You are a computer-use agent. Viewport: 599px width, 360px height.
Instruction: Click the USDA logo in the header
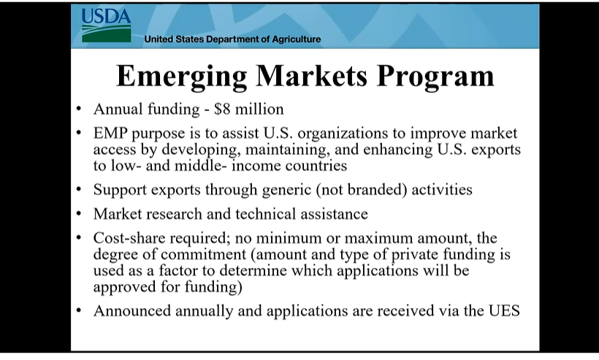click(106, 26)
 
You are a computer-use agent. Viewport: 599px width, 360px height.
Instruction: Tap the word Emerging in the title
click(181, 77)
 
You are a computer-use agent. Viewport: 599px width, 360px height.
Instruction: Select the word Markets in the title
click(311, 76)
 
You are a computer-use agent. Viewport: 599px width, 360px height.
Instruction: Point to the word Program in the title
click(435, 77)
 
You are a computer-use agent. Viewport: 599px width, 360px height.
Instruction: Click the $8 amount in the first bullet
click(222, 110)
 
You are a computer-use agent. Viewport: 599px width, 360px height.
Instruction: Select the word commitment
click(203, 254)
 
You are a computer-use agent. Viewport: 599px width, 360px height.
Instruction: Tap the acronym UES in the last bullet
click(504, 311)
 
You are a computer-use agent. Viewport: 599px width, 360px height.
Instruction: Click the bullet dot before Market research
click(79, 213)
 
